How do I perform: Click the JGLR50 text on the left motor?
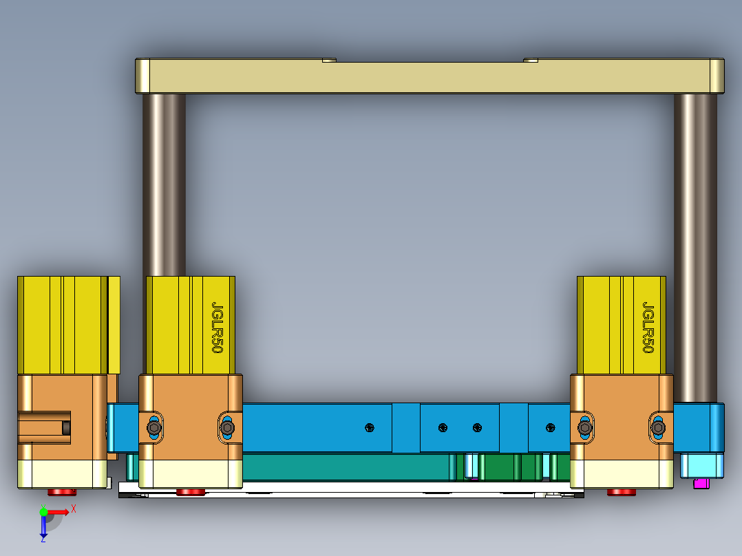217,328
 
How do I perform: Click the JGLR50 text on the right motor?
648,328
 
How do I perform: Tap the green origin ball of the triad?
43,512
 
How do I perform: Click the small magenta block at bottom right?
701,483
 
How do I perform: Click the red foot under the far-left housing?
62,492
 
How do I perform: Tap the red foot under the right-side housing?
622,492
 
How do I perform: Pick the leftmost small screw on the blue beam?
370,428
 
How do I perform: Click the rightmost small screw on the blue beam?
550,428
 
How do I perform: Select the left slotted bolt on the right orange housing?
585,428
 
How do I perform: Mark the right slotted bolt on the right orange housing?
659,428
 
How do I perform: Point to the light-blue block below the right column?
701,466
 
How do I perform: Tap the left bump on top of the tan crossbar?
330,60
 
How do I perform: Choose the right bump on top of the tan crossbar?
531,60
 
